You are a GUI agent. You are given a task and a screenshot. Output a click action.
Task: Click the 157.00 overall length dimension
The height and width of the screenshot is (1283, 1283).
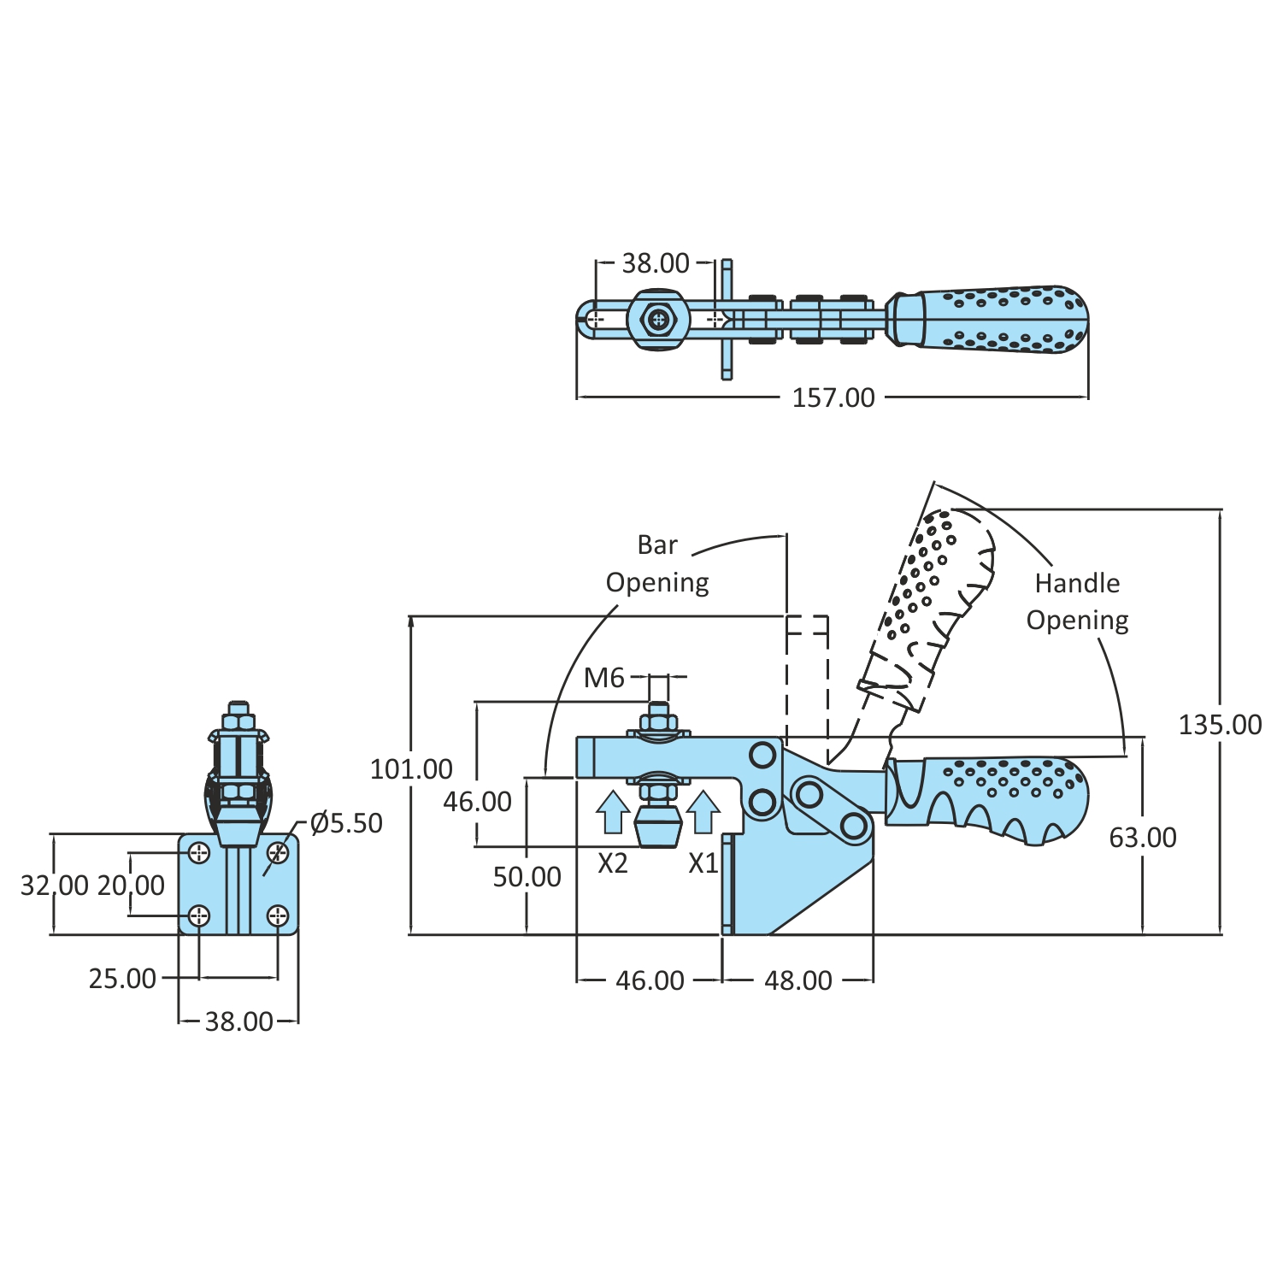833,397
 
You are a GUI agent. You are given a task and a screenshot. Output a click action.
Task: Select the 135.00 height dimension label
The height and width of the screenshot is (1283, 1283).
1220,725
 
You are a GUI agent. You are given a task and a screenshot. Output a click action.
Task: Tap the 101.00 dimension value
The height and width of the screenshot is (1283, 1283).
411,768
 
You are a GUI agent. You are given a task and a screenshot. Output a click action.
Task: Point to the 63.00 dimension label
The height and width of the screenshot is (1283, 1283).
1143,838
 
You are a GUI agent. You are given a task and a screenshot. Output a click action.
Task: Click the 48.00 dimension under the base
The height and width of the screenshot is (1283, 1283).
797,980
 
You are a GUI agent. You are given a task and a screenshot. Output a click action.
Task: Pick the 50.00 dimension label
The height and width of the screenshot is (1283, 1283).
527,877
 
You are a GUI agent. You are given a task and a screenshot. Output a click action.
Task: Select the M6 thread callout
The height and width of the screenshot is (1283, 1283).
604,678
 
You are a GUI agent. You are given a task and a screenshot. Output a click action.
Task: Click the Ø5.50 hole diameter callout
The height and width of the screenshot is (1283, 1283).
346,823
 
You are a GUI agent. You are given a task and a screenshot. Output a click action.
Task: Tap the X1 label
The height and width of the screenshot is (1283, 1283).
703,864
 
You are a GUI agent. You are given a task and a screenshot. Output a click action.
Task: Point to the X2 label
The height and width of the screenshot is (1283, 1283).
613,864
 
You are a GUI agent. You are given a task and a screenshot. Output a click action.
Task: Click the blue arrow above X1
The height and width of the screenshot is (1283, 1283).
703,812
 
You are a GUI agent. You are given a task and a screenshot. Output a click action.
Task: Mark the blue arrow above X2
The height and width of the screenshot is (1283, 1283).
613,812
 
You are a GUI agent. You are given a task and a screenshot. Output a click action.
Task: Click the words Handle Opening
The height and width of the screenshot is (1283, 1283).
1077,602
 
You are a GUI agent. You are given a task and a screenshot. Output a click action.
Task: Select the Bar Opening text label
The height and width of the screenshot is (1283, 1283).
657,563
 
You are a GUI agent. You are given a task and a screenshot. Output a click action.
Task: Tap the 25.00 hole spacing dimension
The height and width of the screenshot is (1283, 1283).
122,979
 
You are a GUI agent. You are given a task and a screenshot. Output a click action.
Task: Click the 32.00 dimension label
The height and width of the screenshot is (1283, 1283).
54,886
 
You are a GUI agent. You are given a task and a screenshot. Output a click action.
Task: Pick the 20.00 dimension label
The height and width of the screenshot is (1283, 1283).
131,886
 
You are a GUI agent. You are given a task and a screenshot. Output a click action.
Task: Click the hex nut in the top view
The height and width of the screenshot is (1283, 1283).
657,321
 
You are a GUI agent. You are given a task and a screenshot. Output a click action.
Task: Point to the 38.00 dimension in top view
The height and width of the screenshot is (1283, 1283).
655,263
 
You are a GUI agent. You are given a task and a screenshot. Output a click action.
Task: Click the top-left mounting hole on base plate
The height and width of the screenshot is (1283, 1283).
199,852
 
